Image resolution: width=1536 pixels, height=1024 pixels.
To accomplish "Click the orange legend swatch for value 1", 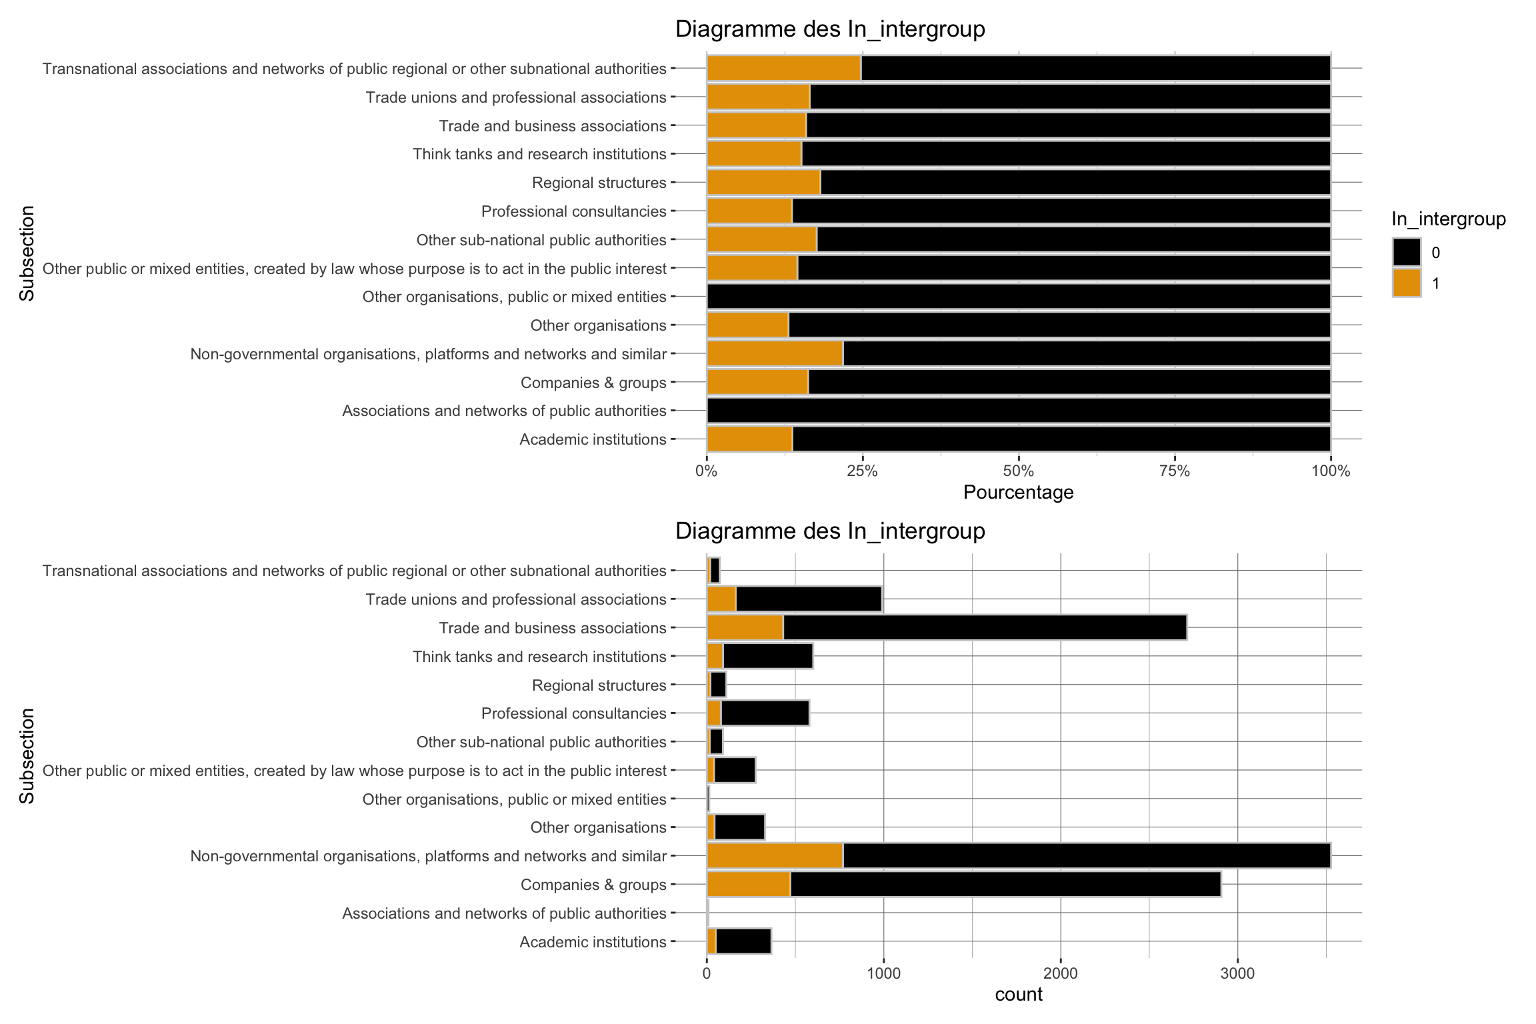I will pos(1406,283).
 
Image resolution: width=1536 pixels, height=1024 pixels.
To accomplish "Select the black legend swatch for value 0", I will pos(1406,253).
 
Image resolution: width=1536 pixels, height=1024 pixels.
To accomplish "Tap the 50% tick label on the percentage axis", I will pos(1018,471).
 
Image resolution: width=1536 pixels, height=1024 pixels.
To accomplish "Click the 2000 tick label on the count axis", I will pos(1060,973).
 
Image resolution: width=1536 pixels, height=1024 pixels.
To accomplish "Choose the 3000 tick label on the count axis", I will pos(1237,973).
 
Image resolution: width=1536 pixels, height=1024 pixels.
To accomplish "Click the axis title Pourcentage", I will pos(1018,493).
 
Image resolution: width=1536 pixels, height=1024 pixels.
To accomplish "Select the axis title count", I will pos(1018,995).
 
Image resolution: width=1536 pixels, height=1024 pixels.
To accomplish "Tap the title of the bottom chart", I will pos(830,531).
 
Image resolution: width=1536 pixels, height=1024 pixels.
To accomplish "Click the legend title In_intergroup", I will pos(1448,219).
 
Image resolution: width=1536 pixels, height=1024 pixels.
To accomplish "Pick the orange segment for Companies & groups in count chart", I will pos(748,884).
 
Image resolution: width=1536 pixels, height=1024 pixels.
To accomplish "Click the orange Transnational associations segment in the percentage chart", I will pos(783,68).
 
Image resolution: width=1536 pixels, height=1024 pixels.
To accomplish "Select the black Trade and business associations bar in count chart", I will pos(985,627).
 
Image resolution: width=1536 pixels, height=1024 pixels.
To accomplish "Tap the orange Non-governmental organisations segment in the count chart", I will pos(775,855).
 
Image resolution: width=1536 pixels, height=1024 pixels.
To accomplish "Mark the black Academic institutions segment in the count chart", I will pos(743,941).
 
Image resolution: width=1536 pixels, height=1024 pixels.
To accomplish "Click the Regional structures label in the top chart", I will pos(599,183).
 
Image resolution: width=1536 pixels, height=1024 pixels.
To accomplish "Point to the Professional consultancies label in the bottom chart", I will pos(573,713).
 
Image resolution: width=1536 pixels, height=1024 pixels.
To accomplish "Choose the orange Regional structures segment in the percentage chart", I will pos(763,183).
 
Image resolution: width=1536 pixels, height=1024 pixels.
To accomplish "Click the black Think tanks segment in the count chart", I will pos(768,656).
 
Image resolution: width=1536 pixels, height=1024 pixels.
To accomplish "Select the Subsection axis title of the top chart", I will pos(27,253).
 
